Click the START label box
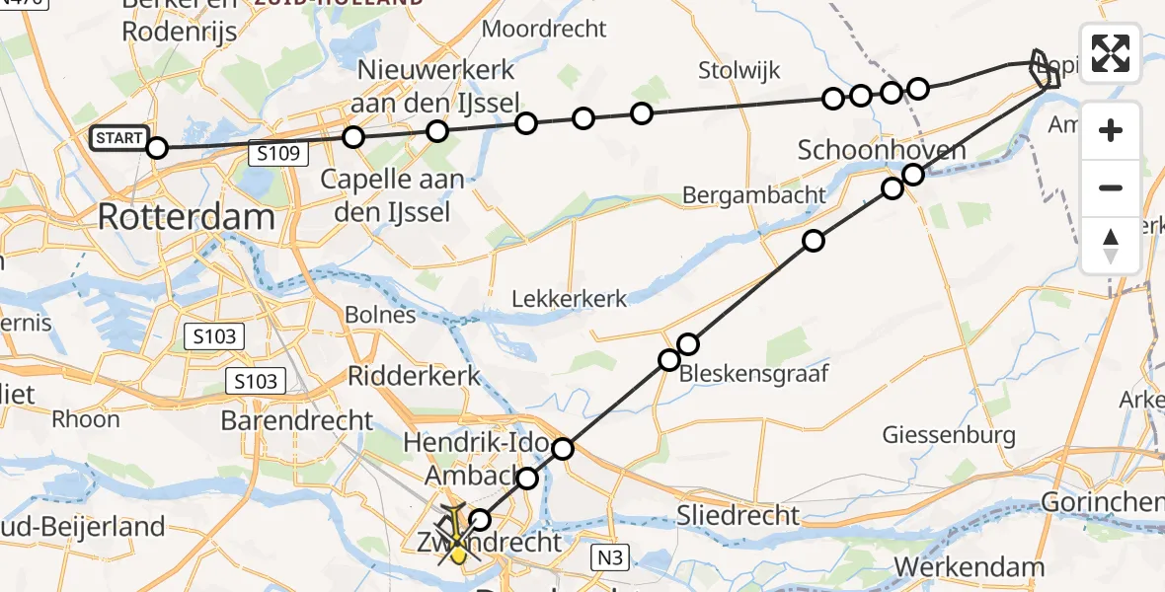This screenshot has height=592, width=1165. tap(118, 139)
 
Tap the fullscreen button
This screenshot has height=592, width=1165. tap(1111, 52)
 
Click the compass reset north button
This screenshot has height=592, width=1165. tap(1111, 246)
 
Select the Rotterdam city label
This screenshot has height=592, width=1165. tap(186, 217)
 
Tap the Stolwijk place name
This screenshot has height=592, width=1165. tap(738, 70)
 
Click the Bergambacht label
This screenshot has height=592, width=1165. tap(753, 194)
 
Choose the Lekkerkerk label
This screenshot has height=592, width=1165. tap(570, 298)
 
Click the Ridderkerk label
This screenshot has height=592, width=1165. tap(414, 376)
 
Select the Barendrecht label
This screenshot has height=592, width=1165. tap(296, 420)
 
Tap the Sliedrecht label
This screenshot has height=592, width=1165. tap(738, 514)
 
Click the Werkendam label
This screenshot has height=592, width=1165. tap(970, 566)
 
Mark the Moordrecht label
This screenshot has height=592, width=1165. tap(543, 29)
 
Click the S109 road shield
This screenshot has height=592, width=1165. tap(279, 153)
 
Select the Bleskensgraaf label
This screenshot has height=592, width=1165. tap(752, 373)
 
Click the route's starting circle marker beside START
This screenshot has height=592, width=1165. tap(157, 149)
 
